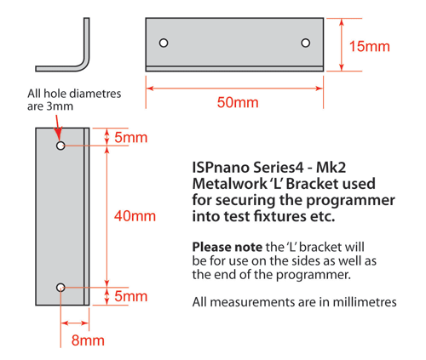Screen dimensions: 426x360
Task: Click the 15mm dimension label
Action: [x=369, y=47]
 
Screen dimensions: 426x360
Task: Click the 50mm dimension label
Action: [x=238, y=102]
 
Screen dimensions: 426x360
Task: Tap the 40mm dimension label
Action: [x=135, y=216]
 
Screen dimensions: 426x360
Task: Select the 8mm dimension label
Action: [x=88, y=340]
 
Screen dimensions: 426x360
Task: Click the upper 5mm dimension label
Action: [x=131, y=138]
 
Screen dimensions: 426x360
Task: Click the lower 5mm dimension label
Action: [x=131, y=296]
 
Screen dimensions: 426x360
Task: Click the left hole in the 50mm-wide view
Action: [x=164, y=43]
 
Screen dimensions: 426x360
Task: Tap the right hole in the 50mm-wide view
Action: [x=306, y=43]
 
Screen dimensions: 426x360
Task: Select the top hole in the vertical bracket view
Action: [x=60, y=146]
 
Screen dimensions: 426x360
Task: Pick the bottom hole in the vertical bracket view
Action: [x=60, y=288]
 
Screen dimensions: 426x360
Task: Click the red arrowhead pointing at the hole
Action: [x=58, y=134]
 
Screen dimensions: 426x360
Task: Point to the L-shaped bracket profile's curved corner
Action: [x=84, y=66]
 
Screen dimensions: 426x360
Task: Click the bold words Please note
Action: [x=227, y=247]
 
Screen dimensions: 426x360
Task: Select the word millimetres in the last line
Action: [x=365, y=302]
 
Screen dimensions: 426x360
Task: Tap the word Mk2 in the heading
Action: [x=331, y=168]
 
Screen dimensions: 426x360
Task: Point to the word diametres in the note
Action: [x=95, y=94]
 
